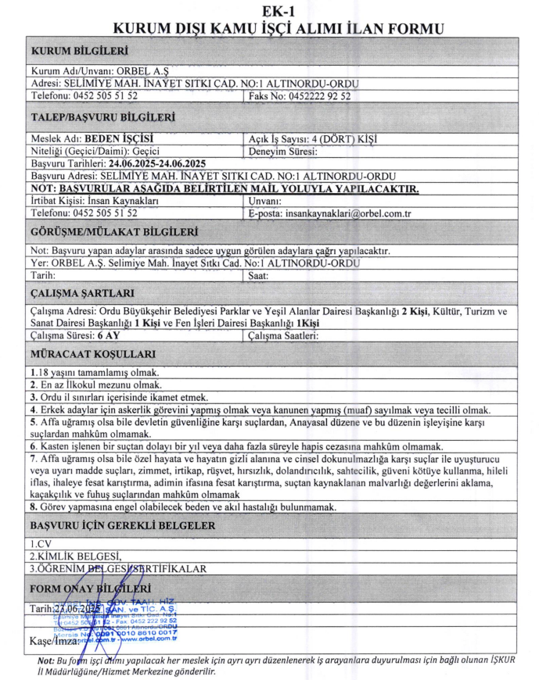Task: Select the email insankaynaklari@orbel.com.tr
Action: point(350,213)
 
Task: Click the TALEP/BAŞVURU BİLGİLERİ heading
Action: point(102,118)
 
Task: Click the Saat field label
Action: point(258,276)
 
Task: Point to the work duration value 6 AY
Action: point(108,336)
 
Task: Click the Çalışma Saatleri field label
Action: point(282,336)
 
